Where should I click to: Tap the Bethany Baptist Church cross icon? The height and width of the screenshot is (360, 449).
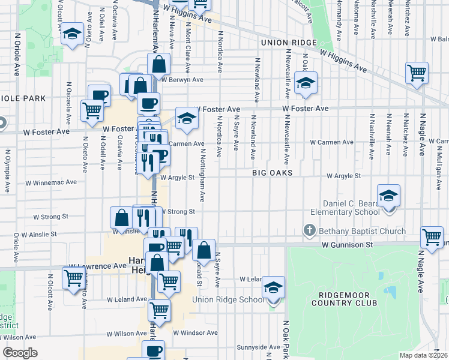tap(309, 230)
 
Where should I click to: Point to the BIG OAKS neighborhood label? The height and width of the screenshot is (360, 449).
tap(272, 173)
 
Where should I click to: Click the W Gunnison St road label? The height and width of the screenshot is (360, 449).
tap(347, 245)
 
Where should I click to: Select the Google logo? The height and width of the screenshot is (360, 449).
tap(20, 353)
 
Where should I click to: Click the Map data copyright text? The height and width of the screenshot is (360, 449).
tap(424, 355)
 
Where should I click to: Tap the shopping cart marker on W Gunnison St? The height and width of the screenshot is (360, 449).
tap(432, 237)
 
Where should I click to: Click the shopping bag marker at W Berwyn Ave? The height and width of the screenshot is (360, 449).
tap(159, 64)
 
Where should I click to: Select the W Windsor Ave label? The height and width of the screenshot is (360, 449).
tap(195, 332)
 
